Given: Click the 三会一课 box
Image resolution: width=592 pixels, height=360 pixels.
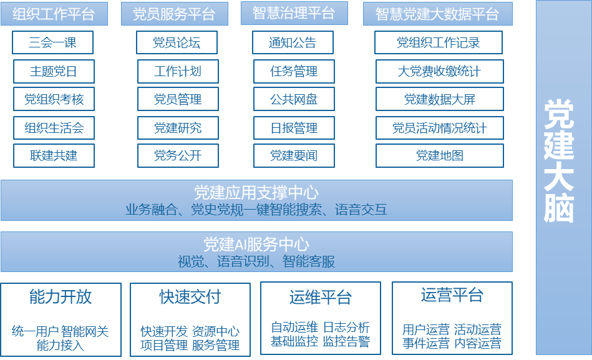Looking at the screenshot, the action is tap(53, 42).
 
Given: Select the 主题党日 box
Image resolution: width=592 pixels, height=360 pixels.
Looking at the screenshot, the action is tap(54, 71).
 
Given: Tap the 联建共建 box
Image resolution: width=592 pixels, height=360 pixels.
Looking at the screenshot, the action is tap(54, 155).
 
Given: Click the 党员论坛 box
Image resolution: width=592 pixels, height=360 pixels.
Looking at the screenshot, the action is tap(177, 42).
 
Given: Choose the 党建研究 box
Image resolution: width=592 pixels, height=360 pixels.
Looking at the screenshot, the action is tap(178, 128).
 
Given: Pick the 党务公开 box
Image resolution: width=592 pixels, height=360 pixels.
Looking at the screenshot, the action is tap(178, 155).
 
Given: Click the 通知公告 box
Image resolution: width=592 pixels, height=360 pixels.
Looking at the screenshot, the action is tap(293, 42).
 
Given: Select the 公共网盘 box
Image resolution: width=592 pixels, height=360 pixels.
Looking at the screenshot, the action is tap(294, 99).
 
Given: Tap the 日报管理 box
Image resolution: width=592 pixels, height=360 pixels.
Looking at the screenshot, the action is tap(294, 128).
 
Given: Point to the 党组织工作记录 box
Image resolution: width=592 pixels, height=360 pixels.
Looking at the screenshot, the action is tap(439, 42).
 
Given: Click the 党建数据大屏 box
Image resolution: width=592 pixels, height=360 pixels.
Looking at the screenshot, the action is tap(439, 99).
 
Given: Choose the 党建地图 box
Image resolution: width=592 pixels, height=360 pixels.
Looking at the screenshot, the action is tap(439, 155).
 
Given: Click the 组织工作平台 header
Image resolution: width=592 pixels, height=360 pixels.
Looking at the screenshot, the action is tap(54, 14).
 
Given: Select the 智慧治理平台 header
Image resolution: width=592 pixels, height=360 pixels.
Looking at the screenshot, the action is tap(294, 13).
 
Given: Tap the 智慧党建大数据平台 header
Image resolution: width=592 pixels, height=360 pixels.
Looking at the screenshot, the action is tap(437, 14).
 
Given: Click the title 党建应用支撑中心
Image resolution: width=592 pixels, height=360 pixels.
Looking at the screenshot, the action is tap(256, 192).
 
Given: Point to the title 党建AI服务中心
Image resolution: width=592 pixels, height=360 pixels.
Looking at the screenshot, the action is tap(256, 244).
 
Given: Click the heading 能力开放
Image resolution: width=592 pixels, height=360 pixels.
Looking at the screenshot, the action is tap(61, 296).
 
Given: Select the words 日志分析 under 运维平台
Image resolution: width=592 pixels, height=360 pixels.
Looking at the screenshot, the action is tap(346, 327).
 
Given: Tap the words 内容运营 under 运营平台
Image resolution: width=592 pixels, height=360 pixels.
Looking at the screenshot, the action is tap(478, 343).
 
